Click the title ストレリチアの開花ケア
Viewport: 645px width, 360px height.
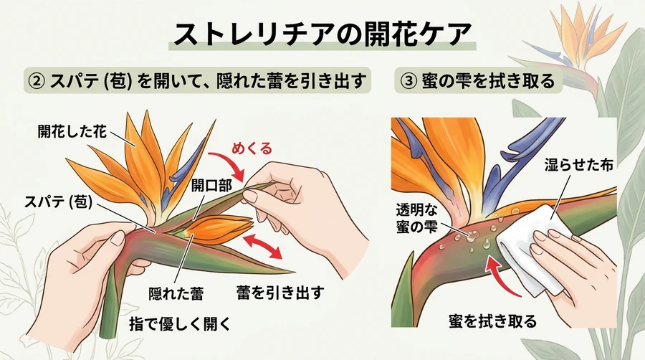click(322, 34)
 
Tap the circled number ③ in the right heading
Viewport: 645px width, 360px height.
click(408, 80)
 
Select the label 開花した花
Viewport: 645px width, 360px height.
click(72, 132)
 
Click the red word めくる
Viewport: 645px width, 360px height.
click(252, 148)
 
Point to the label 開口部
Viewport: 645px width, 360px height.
click(212, 186)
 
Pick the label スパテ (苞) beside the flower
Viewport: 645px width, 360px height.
click(58, 202)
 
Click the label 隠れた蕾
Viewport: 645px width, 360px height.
click(176, 294)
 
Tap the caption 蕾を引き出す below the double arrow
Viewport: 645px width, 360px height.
click(280, 293)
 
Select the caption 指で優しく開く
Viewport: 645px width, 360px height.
click(179, 324)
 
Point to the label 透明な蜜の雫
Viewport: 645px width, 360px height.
click(416, 218)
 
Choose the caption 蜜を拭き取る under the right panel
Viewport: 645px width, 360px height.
click(493, 321)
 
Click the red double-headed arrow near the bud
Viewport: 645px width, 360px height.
click(262, 246)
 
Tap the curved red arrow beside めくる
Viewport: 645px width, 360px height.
click(227, 164)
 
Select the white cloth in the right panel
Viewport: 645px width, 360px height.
click(530, 251)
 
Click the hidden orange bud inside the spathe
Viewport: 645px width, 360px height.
click(217, 229)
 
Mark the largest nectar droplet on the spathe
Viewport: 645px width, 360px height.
click(472, 235)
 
